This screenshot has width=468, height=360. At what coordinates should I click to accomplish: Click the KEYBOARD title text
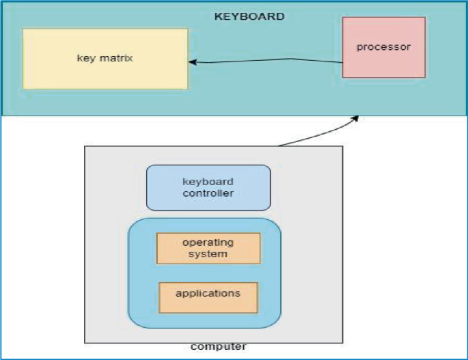[249, 16]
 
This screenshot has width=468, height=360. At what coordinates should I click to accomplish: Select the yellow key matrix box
[105, 59]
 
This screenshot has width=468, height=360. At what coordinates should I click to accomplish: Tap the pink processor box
[384, 47]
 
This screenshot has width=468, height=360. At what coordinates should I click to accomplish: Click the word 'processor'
[384, 46]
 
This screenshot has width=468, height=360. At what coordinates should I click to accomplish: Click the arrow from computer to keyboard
[318, 135]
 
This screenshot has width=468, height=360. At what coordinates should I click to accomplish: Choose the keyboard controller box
[208, 187]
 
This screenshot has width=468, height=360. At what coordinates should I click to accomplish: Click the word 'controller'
[208, 193]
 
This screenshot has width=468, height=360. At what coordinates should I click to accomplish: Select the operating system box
[208, 248]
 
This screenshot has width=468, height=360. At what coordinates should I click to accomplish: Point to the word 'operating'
[208, 243]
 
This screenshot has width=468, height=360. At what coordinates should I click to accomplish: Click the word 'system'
[208, 253]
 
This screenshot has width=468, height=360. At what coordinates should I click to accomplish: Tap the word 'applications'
[208, 294]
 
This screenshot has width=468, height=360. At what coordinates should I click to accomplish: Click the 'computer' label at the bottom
[218, 347]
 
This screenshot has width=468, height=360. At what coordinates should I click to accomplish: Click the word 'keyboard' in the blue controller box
[208, 182]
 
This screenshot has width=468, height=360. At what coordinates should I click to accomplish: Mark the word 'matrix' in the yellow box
[117, 57]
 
